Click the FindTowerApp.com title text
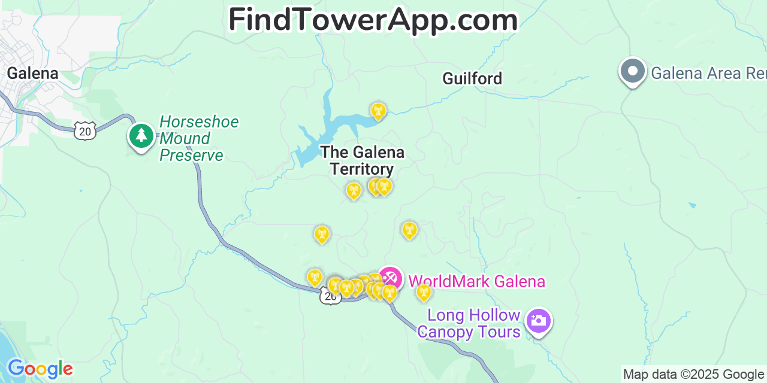(x=373, y=20)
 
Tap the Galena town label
(x=32, y=74)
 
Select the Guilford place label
(x=472, y=78)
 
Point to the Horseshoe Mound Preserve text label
(x=192, y=139)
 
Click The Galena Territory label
(x=362, y=160)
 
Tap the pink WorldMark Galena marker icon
(x=390, y=278)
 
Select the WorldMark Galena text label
(x=476, y=281)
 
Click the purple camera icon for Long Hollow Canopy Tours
(x=538, y=320)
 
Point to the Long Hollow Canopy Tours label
(x=469, y=323)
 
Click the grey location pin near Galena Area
(x=632, y=71)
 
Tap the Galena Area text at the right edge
(x=708, y=74)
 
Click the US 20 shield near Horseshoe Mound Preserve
(x=85, y=131)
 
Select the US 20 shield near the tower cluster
(x=330, y=296)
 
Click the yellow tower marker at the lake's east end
(x=378, y=111)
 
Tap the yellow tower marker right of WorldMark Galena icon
(x=424, y=292)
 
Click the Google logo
(x=40, y=369)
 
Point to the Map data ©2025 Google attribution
(x=694, y=375)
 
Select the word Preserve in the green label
(x=191, y=156)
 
